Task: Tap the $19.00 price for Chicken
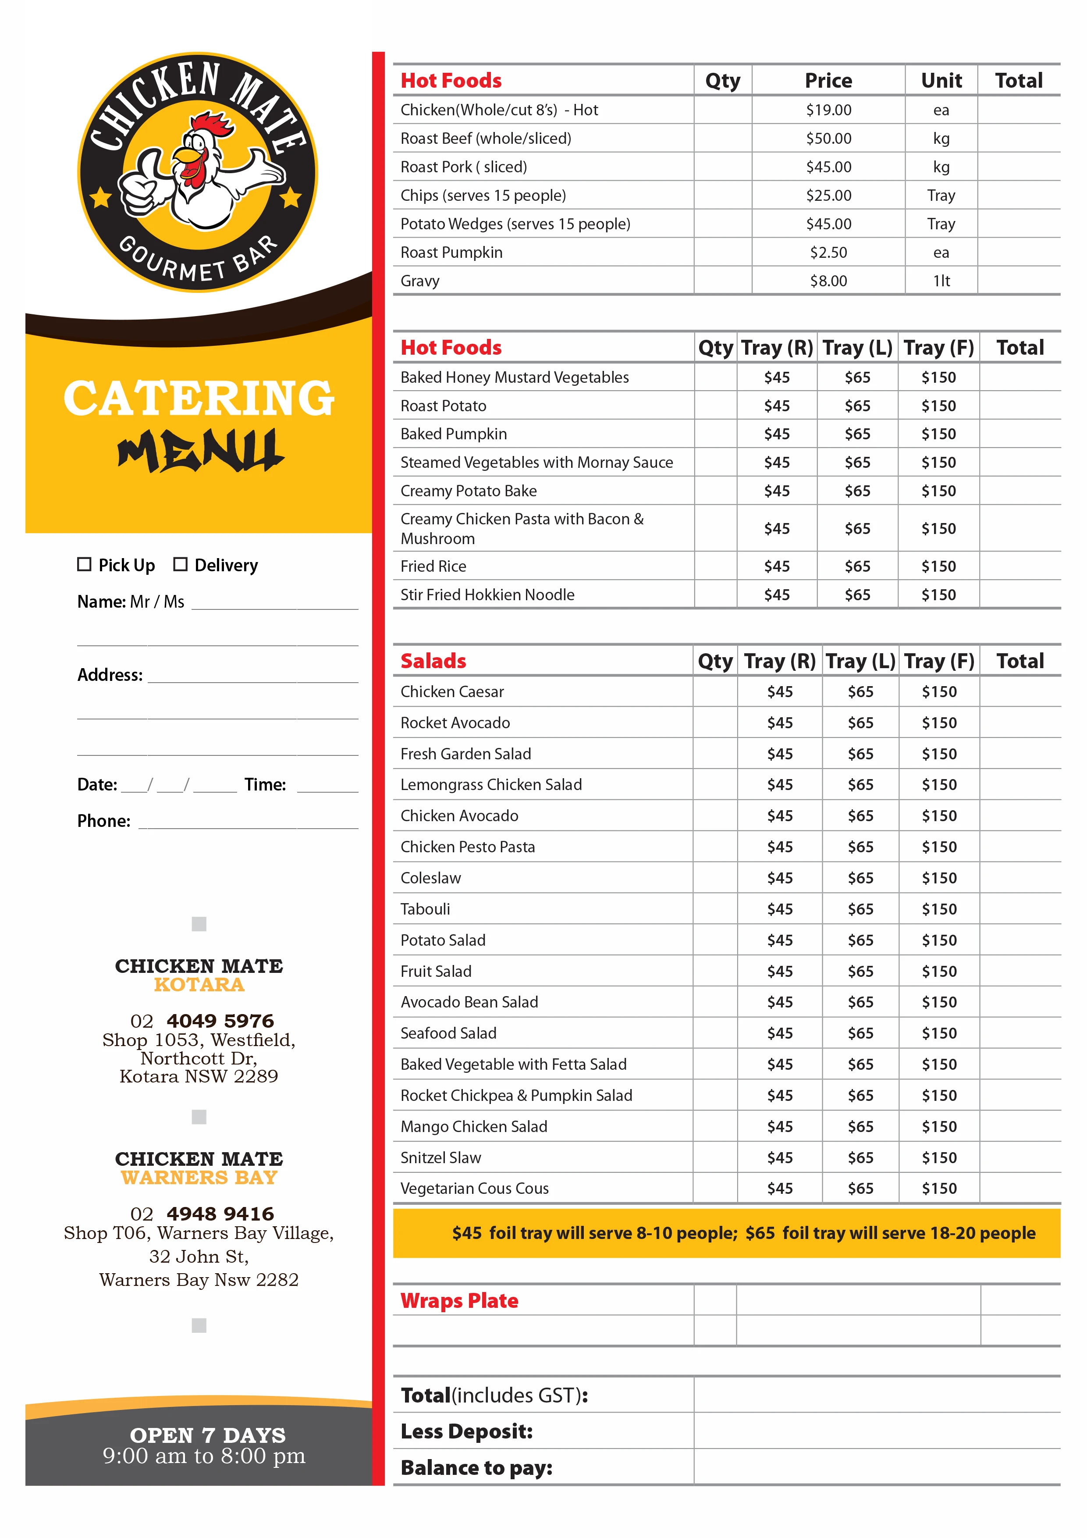click(x=828, y=110)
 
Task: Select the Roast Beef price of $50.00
click(x=828, y=139)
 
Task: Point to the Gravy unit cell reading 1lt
click(x=941, y=281)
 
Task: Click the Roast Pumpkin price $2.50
click(x=828, y=253)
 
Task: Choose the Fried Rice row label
click(x=433, y=567)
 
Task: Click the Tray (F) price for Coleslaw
click(x=939, y=878)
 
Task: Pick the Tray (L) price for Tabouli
click(x=861, y=909)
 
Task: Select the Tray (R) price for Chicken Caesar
click(x=780, y=692)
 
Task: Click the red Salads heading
click(x=433, y=661)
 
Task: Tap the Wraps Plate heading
click(x=459, y=1301)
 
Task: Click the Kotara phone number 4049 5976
click(x=220, y=1021)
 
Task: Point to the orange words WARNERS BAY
click(x=199, y=1178)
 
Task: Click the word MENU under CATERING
click(x=199, y=450)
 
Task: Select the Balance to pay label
click(x=476, y=1468)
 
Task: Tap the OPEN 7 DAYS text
click(x=208, y=1435)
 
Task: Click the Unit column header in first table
click(x=941, y=81)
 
